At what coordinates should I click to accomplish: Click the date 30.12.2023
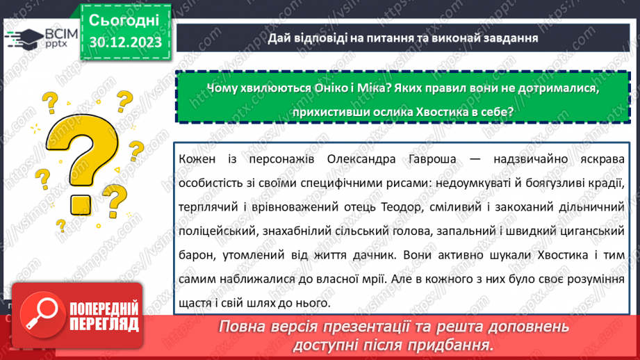(126, 42)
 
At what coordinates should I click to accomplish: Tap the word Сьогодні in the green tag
(124, 20)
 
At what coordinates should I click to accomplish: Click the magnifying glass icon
(42, 314)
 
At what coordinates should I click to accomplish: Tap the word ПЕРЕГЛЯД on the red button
(104, 325)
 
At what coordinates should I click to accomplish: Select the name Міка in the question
(372, 88)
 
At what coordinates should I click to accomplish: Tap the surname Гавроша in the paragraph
(432, 158)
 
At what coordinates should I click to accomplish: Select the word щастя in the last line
(194, 303)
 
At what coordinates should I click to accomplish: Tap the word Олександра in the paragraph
(361, 158)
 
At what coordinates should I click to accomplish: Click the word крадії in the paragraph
(606, 183)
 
